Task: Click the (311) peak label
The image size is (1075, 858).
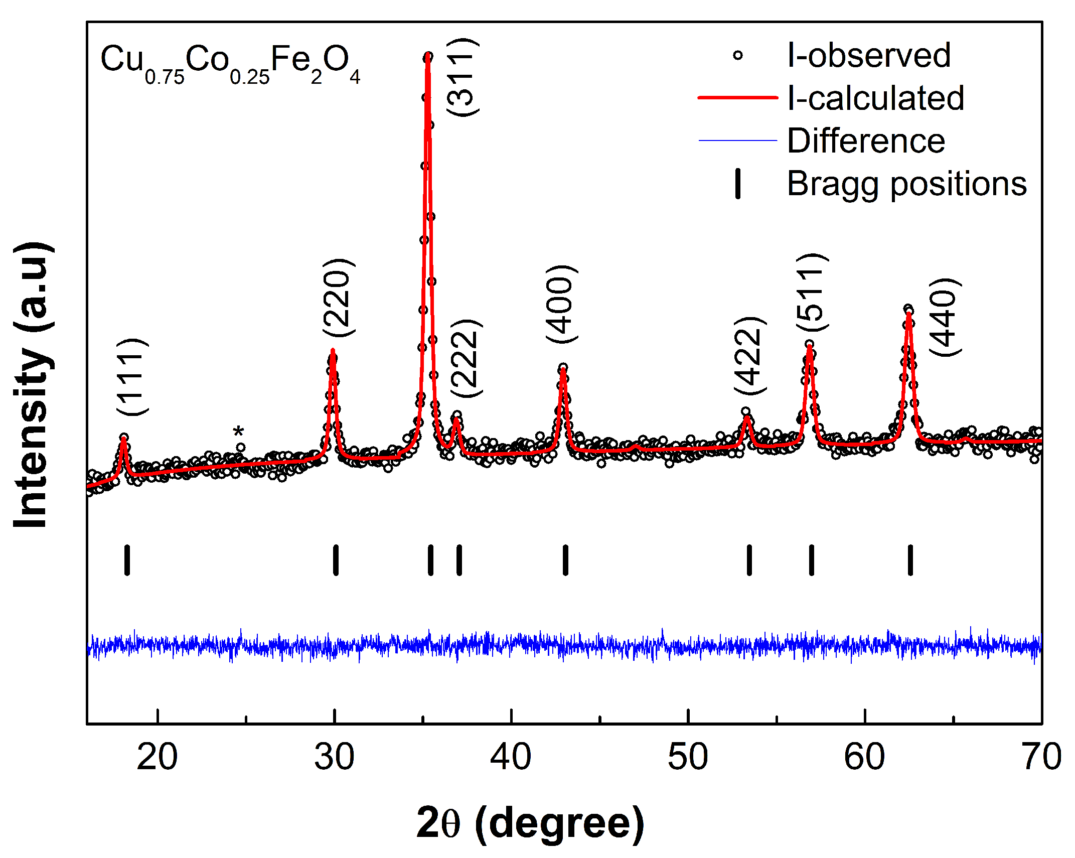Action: click(463, 78)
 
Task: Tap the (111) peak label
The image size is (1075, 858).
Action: click(132, 377)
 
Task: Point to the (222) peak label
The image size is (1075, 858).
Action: click(466, 358)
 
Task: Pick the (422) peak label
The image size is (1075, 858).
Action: click(750, 356)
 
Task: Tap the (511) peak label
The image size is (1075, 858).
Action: click(812, 292)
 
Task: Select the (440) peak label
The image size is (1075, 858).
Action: click(945, 317)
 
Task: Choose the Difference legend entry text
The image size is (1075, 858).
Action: click(866, 140)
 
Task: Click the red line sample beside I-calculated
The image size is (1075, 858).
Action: click(737, 98)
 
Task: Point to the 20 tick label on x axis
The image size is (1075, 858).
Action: click(157, 757)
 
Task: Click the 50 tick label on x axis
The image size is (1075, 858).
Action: click(688, 757)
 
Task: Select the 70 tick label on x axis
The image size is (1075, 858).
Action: click(1041, 757)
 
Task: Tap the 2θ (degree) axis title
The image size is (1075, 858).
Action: click(530, 823)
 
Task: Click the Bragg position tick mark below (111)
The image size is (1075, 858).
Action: click(127, 560)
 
